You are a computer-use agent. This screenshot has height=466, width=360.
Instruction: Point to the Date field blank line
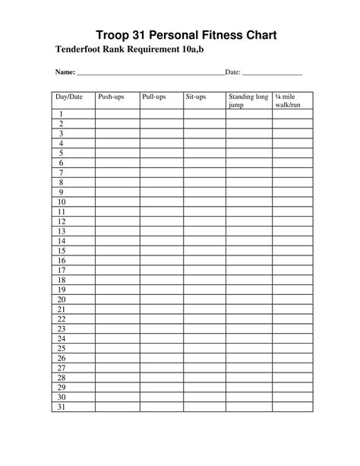pyautogui.click(x=272, y=74)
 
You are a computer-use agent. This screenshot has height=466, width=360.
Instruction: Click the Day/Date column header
pyautogui.click(x=68, y=97)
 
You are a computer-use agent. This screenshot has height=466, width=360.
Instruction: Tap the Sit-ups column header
pyautogui.click(x=196, y=97)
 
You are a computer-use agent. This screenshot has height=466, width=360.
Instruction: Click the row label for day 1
pyautogui.click(x=61, y=113)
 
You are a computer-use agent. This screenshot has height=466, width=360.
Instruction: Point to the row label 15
pyautogui.click(x=62, y=250)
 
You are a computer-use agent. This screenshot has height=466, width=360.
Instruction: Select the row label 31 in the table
pyautogui.click(x=62, y=407)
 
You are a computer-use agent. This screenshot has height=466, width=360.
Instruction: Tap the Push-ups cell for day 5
pyautogui.click(x=118, y=153)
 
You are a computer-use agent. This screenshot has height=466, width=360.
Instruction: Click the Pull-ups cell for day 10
pyautogui.click(x=161, y=201)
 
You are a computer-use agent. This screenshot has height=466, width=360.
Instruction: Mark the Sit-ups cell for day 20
pyautogui.click(x=204, y=300)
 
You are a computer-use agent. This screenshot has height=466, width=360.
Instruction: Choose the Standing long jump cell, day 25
pyautogui.click(x=248, y=348)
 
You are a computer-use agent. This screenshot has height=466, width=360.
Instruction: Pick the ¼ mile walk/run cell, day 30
pyautogui.click(x=292, y=397)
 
